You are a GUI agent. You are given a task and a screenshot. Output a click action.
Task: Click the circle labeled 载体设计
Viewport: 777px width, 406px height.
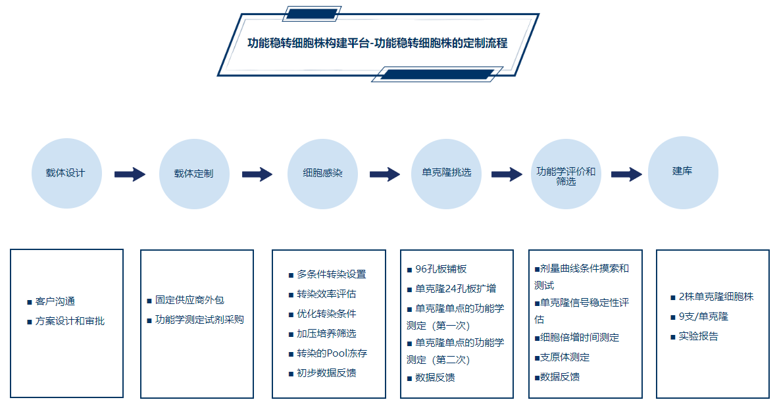coord(66,174)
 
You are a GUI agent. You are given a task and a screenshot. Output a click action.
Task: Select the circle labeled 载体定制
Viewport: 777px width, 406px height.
coord(194,174)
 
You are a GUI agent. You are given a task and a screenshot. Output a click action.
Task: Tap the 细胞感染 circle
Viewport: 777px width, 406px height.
coord(322,174)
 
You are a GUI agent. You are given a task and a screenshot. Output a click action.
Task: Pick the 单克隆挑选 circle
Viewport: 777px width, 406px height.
coord(446,174)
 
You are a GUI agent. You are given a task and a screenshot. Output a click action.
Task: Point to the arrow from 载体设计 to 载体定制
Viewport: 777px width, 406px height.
coord(130,174)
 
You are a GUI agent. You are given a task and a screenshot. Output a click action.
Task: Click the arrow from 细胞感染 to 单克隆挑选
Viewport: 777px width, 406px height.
coord(385,174)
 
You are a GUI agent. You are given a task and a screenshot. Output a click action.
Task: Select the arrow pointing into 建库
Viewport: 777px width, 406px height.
coord(626,174)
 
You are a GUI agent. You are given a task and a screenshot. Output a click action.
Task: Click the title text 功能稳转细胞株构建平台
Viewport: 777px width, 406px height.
coord(307,43)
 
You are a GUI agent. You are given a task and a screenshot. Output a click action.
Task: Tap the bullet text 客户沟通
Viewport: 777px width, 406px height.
coord(55,301)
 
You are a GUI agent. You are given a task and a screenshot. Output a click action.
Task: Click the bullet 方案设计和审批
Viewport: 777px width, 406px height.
coord(70,321)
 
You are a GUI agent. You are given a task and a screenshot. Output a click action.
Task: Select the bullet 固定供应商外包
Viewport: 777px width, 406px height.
coord(189,300)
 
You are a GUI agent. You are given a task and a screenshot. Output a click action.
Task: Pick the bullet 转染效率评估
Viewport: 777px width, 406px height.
coord(326,294)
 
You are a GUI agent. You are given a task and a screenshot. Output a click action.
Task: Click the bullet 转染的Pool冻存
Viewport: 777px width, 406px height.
coord(332,353)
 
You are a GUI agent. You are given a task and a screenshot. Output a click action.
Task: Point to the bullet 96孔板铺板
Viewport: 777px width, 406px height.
coord(441,269)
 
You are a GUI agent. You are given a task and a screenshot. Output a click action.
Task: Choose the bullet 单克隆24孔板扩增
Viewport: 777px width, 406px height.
coord(455,289)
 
